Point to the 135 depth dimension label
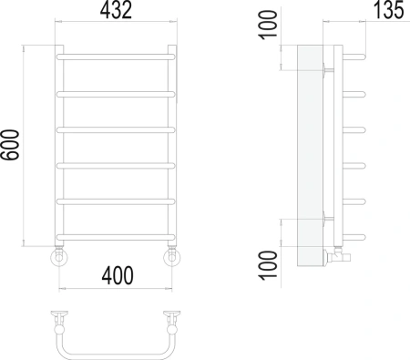386,14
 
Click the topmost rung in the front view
115,57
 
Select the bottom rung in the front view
115,234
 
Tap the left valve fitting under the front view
59,257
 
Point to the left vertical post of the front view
60,146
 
